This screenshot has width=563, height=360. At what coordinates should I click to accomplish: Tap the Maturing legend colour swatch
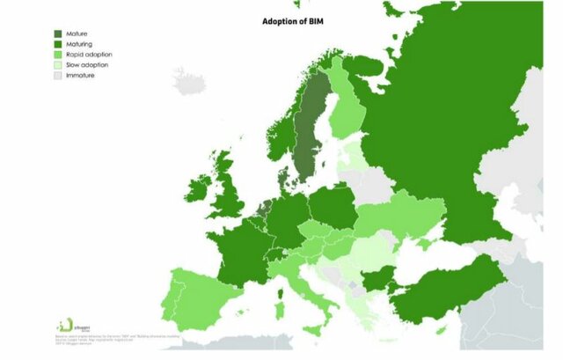pyautogui.click(x=57, y=42)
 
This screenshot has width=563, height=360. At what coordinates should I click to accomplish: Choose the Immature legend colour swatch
pyautogui.click(x=57, y=76)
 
